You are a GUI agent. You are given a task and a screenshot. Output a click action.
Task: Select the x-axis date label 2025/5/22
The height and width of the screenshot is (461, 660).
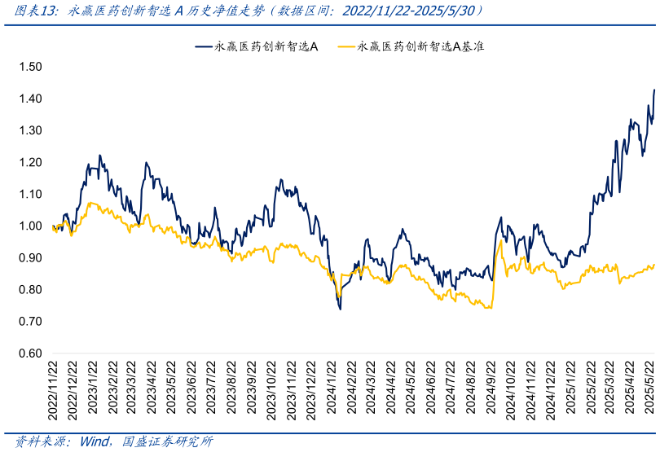click(649, 393)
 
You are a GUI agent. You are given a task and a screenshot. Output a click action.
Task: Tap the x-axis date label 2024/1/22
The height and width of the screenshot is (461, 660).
click(332, 393)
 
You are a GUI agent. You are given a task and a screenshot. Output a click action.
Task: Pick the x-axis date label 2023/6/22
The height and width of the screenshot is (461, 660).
click(192, 393)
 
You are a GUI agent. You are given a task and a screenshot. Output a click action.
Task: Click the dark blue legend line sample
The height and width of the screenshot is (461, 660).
click(203, 47)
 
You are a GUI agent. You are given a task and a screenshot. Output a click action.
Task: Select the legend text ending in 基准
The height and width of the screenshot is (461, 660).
click(421, 47)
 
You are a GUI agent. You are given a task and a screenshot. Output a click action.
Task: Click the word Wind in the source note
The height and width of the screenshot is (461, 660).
click(95, 442)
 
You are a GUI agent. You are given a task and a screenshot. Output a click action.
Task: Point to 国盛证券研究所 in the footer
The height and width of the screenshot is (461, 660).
click(167, 442)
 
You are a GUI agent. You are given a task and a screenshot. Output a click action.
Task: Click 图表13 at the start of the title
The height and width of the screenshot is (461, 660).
click(32, 11)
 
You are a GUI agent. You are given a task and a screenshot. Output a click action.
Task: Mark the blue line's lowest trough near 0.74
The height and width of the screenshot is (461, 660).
click(340, 309)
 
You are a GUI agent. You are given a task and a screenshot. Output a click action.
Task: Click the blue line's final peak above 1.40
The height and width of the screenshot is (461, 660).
click(654, 90)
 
